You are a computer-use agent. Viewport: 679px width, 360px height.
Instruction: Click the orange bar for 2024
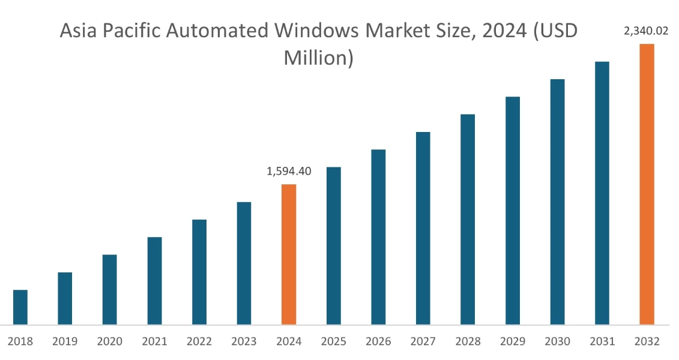click(x=289, y=254)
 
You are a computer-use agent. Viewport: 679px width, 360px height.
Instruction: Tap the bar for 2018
click(x=20, y=307)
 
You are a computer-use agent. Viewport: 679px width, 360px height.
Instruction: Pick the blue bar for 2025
click(x=333, y=246)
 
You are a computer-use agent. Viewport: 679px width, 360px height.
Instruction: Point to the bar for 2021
click(x=154, y=281)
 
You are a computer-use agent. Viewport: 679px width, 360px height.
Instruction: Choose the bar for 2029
click(x=512, y=211)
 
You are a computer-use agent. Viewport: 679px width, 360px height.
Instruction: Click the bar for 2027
click(x=423, y=228)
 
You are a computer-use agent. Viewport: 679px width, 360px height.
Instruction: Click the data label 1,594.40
click(x=289, y=172)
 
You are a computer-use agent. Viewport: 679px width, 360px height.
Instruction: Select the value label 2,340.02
click(x=646, y=31)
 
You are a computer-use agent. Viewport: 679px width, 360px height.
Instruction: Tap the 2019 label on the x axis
click(x=65, y=342)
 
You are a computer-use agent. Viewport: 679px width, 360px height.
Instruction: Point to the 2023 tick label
click(x=244, y=342)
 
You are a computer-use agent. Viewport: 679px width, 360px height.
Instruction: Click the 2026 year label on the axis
click(x=378, y=342)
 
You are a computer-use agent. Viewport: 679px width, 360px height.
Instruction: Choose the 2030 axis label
click(x=557, y=342)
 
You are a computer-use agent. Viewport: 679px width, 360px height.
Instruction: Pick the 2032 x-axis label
click(x=647, y=342)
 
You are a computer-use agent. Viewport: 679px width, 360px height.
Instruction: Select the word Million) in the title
click(x=318, y=58)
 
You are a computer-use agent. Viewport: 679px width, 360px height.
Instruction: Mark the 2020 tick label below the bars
click(x=109, y=342)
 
